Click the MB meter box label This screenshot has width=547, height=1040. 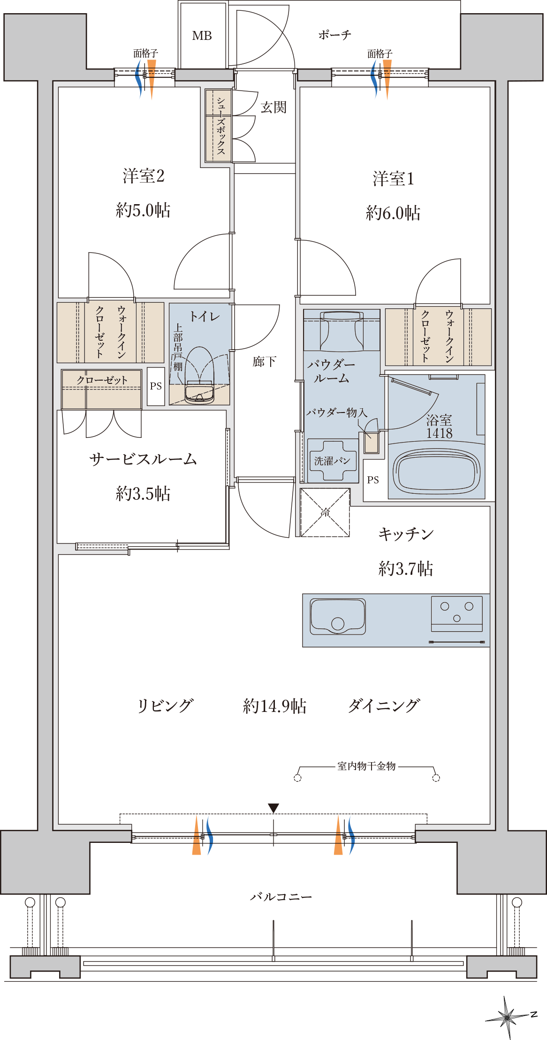(x=202, y=36)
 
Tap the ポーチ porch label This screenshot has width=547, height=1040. (x=334, y=35)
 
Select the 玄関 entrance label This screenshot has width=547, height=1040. (x=273, y=107)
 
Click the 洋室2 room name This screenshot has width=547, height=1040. (x=144, y=176)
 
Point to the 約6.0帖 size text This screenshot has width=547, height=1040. (x=393, y=213)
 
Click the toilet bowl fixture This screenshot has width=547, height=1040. (x=200, y=375)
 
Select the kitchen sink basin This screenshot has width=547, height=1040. (x=338, y=616)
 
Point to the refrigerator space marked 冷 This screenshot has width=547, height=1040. (x=325, y=512)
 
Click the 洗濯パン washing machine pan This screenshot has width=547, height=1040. (x=332, y=461)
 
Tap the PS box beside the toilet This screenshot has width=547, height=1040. (x=156, y=386)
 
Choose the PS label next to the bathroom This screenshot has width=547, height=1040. (x=373, y=480)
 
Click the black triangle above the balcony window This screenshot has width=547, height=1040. (x=273, y=808)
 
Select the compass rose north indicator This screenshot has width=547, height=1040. (x=507, y=1017)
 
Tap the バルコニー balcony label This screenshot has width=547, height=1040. (x=281, y=897)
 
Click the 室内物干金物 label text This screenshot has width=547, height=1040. (x=366, y=766)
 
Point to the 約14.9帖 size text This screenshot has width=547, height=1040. (x=275, y=706)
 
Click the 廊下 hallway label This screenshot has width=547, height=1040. (x=264, y=361)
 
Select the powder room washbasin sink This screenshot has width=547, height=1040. (x=342, y=330)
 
